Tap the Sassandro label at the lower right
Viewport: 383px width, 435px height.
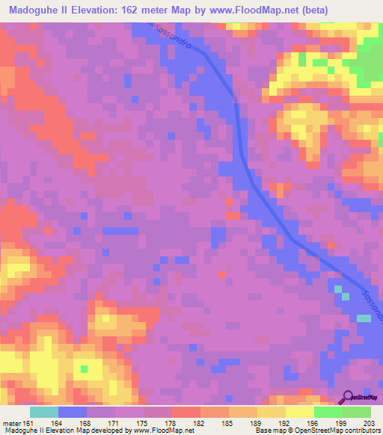point(372,305)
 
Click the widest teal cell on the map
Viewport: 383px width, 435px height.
point(364,318)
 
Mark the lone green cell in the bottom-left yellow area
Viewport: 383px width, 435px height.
point(84,369)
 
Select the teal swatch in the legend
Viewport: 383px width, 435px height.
point(43,412)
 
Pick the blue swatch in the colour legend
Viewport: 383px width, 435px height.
point(73,412)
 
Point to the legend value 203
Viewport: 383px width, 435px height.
point(367,422)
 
